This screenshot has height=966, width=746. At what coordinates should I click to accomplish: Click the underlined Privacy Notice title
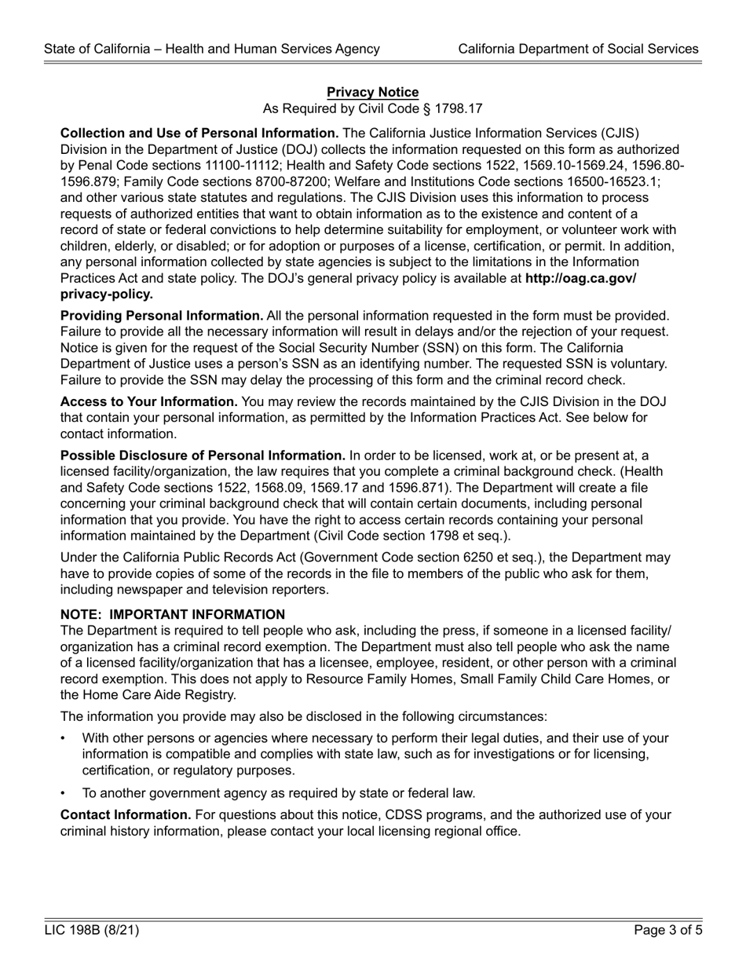tap(372, 93)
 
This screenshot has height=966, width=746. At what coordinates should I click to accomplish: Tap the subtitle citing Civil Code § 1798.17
tap(372, 109)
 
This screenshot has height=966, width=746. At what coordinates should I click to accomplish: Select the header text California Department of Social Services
tap(578, 49)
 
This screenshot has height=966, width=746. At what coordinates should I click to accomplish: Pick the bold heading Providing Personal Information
tap(162, 315)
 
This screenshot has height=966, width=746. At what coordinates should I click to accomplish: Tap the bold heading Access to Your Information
tap(149, 401)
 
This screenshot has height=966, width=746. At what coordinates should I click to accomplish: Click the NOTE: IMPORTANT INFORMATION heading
tap(173, 614)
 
